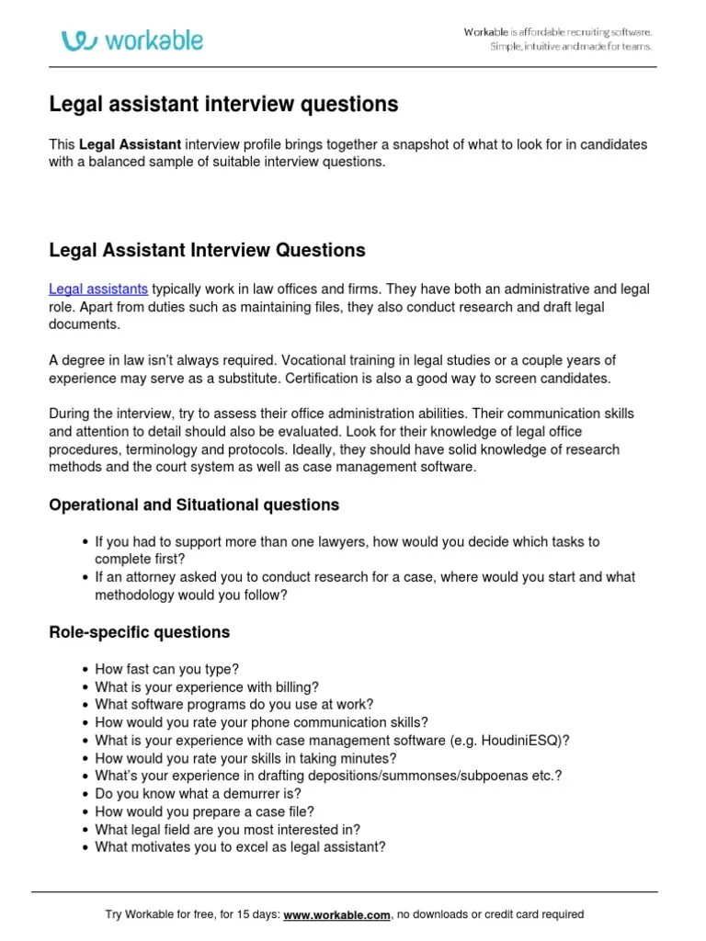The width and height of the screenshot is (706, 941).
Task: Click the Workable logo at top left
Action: [132, 40]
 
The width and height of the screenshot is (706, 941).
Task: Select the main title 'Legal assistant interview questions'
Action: [223, 105]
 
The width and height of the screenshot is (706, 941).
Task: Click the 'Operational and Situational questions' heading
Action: [194, 505]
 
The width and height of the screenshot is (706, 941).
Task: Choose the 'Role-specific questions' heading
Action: [139, 632]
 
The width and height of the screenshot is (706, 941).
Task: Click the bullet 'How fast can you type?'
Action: [166, 670]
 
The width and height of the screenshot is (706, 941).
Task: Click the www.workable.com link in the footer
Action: [337, 914]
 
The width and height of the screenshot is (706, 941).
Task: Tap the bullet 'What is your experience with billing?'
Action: [207, 687]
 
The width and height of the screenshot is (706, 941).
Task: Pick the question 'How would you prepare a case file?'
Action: [204, 811]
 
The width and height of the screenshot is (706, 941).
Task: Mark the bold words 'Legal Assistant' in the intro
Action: [131, 145]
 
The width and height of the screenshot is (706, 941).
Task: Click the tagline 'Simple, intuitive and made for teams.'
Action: [570, 46]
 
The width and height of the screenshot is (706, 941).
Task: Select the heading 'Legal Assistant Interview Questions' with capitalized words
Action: [207, 250]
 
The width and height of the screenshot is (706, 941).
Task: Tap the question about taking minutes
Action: [245, 758]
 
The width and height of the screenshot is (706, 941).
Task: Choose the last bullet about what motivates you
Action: [240, 846]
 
